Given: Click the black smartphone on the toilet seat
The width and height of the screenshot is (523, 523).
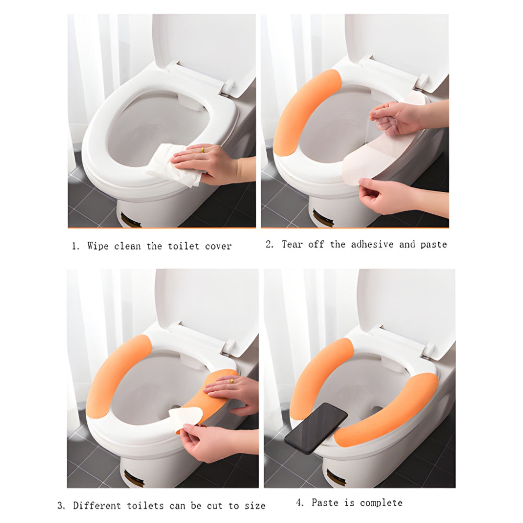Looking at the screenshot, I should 316,427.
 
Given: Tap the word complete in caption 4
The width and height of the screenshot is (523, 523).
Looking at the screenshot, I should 381,503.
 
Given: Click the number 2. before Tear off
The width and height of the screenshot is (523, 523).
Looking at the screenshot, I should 270,244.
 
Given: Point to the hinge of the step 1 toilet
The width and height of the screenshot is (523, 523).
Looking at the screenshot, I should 228,87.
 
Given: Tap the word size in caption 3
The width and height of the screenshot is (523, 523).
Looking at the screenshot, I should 254,506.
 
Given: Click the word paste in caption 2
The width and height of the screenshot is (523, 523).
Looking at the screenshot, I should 434,244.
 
